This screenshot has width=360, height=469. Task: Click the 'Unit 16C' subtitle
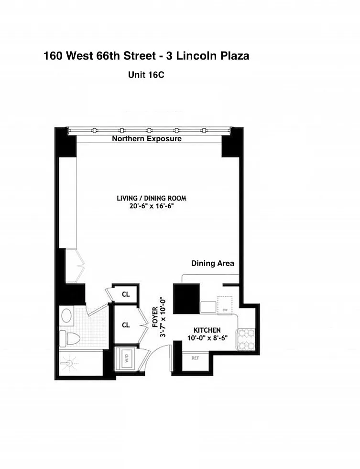[146, 75]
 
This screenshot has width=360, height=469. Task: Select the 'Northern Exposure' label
[147, 138]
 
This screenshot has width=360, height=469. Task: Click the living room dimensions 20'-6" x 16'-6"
[152, 206]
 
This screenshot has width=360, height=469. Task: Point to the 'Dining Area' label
[212, 263]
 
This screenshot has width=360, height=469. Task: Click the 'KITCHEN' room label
[207, 330]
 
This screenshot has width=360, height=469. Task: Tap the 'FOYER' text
[155, 317]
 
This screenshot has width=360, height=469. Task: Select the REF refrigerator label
[195, 358]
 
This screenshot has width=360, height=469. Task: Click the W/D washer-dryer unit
[126, 358]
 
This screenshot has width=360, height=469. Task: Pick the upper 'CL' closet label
[126, 294]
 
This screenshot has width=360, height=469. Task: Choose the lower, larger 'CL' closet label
[126, 325]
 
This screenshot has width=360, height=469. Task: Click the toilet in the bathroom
[70, 338]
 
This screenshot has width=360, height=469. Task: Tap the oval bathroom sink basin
[66, 315]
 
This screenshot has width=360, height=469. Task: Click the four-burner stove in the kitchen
[246, 339]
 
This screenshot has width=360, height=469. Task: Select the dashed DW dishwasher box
[225, 305]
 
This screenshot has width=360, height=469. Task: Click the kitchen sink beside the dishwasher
[208, 307]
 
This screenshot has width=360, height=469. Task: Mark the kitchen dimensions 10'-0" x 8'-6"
[207, 338]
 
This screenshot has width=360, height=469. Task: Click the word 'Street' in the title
[140, 56]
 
